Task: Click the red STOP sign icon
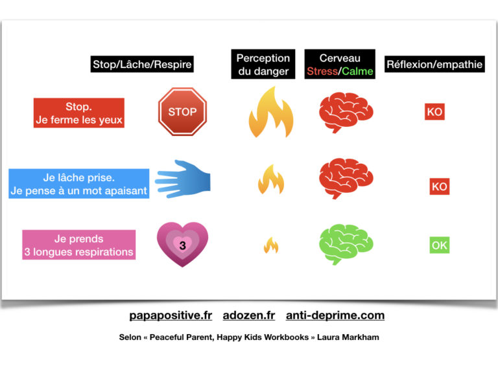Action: (x=183, y=111)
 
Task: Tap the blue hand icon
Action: (x=183, y=179)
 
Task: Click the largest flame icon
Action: (x=271, y=112)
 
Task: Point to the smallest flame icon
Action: (x=271, y=245)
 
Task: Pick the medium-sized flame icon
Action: (x=271, y=179)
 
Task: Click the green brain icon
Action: (x=346, y=244)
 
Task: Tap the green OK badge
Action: (x=440, y=245)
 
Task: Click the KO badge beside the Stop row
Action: (x=434, y=111)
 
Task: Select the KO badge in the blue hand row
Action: (x=440, y=186)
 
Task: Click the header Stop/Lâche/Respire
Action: (x=142, y=64)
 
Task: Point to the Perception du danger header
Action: (x=263, y=64)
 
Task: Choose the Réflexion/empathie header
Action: (x=434, y=64)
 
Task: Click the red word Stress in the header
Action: (x=322, y=71)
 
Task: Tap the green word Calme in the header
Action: (x=357, y=71)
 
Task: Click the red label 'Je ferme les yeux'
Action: (x=79, y=120)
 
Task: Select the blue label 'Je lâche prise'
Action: (x=78, y=177)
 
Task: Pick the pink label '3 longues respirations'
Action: (x=78, y=251)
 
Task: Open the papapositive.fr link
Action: (x=171, y=315)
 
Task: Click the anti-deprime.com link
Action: (x=335, y=315)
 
